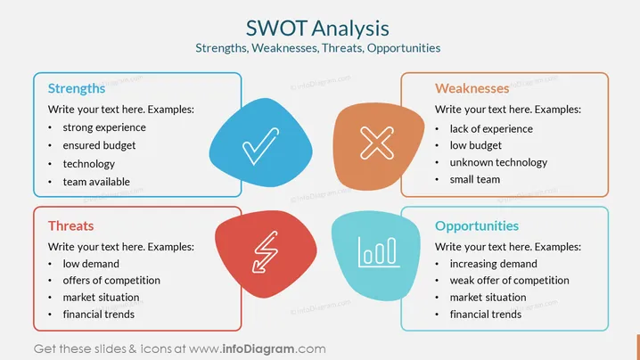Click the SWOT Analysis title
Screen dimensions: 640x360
click(x=317, y=29)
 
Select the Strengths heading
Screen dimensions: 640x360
click(x=77, y=88)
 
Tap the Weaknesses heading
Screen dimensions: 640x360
click(x=472, y=88)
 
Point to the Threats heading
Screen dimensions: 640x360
click(x=70, y=225)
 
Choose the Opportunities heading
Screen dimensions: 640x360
click(x=477, y=226)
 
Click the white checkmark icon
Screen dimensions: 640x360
click(x=260, y=146)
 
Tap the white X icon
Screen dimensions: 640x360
click(x=377, y=143)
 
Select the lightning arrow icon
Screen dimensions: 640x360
click(x=266, y=252)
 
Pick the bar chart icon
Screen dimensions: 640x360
click(x=378, y=252)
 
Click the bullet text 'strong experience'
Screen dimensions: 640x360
click(x=104, y=127)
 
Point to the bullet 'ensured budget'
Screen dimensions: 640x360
click(x=99, y=145)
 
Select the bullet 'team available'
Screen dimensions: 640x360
click(x=96, y=182)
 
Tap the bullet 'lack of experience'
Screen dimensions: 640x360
click(x=491, y=129)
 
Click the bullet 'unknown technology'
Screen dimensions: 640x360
click(x=498, y=162)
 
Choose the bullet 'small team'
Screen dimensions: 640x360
click(x=475, y=180)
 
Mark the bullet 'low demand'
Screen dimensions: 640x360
click(x=91, y=264)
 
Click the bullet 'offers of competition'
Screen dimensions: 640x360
click(x=111, y=281)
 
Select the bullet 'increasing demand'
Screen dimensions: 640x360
click(x=494, y=264)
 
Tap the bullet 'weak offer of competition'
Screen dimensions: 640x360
click(x=509, y=281)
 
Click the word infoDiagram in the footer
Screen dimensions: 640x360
click(x=258, y=349)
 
